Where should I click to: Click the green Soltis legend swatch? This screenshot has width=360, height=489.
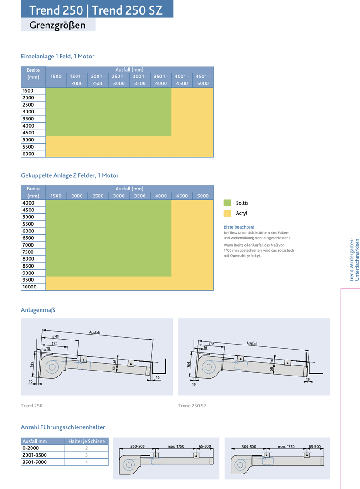[x=227, y=203]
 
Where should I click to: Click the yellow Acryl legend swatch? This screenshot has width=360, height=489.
[x=227, y=213]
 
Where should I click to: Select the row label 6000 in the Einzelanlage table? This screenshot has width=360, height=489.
[x=28, y=154]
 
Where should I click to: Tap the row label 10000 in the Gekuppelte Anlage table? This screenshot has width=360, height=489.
[x=29, y=287]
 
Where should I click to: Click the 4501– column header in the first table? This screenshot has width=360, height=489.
[x=203, y=80]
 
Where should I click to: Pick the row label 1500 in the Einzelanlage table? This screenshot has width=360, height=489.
[x=28, y=91]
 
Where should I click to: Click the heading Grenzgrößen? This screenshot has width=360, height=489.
[x=57, y=26]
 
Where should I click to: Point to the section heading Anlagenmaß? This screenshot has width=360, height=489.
[x=38, y=310]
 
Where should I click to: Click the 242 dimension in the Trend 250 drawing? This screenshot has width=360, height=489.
[x=56, y=337]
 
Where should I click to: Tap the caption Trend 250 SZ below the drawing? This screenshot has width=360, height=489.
[x=192, y=406]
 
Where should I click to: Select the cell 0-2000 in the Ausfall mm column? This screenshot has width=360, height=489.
[x=30, y=448]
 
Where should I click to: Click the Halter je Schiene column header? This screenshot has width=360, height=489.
[x=87, y=441]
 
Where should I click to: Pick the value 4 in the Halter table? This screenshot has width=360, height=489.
[x=87, y=462]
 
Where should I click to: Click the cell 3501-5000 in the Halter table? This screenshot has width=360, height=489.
[x=35, y=462]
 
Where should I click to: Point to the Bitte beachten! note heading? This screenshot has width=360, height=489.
[x=239, y=227]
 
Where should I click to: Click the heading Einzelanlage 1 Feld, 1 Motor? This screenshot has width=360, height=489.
[x=58, y=57]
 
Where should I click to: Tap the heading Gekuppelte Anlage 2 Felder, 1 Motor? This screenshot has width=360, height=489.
[x=70, y=175]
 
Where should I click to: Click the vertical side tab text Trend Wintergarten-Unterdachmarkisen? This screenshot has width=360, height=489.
[x=355, y=260]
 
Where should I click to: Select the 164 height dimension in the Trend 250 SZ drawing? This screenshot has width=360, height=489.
[x=188, y=365]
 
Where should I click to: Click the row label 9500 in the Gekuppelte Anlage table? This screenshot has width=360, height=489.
[x=28, y=280]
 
